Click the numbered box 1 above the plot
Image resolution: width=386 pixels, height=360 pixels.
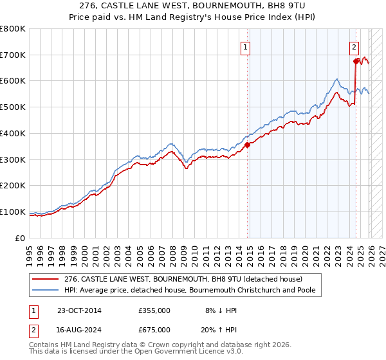point(246,46)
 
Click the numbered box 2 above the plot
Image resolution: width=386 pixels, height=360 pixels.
point(354,46)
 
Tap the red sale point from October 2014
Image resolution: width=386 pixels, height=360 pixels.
point(247,145)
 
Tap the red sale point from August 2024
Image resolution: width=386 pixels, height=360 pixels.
point(356,62)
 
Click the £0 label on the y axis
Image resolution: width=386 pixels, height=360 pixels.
point(21,238)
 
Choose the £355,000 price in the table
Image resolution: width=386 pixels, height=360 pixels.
point(154,310)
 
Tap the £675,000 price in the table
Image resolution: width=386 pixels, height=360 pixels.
point(154,329)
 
